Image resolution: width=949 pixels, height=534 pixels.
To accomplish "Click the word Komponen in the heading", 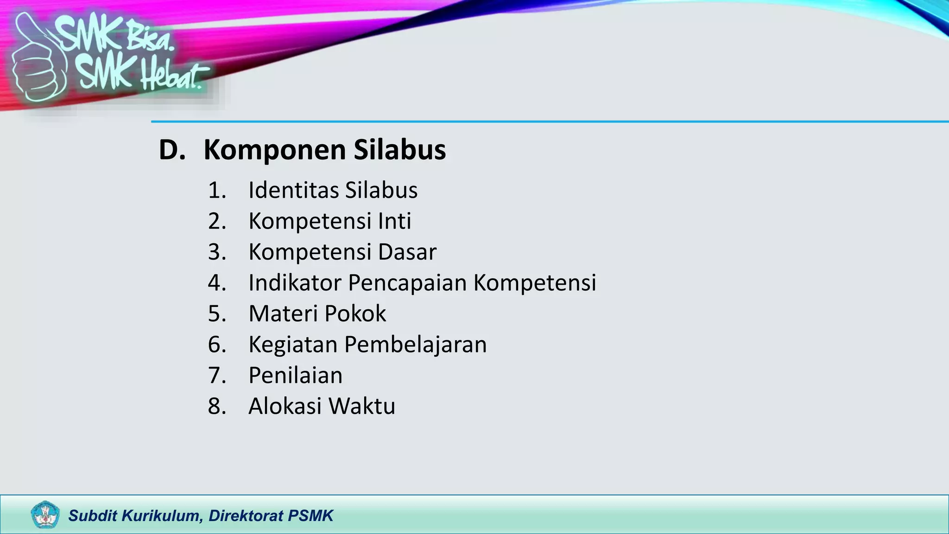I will coord(275,150).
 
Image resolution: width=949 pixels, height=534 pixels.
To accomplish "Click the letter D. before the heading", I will coord(171,150).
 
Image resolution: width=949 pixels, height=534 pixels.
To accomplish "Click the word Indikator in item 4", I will coord(295,283).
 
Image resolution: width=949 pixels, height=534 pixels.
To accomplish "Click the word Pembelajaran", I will coord(415,345).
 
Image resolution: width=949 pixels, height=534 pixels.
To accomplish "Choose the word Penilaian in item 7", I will coord(295,375).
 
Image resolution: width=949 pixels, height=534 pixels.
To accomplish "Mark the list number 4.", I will coord(216,283).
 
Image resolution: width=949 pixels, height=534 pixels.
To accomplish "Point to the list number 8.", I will coord(216,407).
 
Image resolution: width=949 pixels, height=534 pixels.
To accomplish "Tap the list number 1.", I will coord(216,190).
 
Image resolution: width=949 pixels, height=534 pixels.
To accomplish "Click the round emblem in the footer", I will coord(45,515).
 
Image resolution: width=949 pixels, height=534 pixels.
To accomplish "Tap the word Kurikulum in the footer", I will coord(162,515).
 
